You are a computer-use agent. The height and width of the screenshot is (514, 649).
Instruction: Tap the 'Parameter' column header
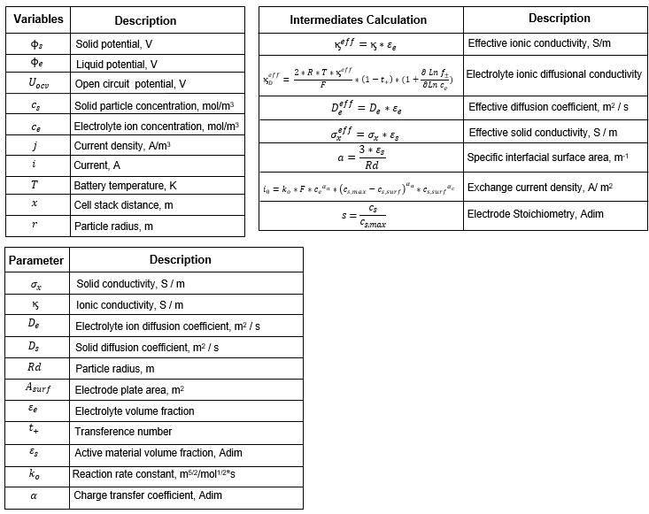[37, 261]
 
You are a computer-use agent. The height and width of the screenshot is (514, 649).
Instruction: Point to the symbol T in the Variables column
[35, 185]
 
